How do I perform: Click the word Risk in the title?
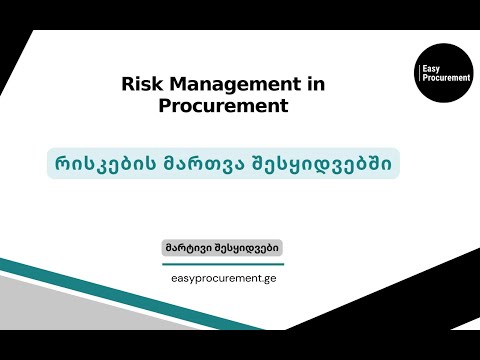tap(138, 85)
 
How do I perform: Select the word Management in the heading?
tap(221, 85)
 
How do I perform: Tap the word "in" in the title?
tap(315, 85)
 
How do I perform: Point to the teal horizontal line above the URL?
tap(225, 265)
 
